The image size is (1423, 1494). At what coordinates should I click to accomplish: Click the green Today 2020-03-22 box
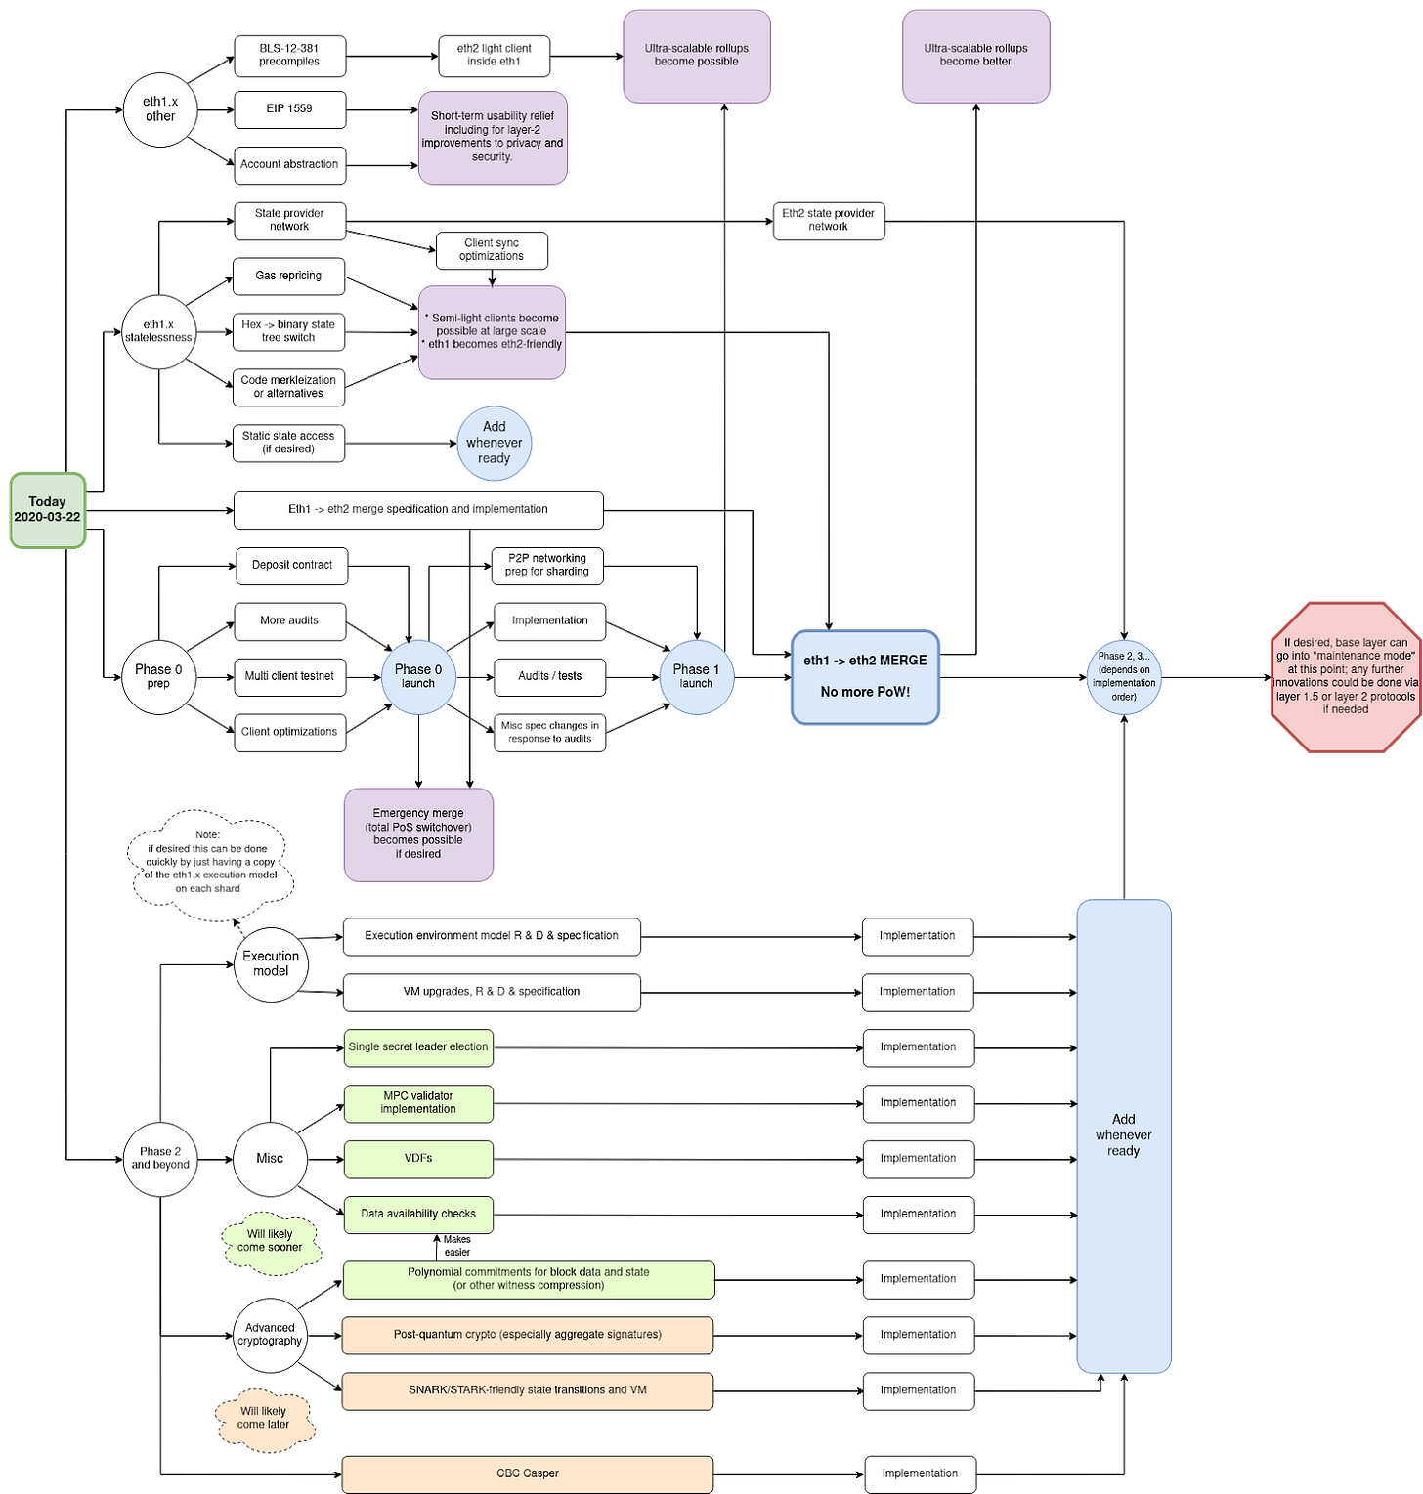(x=48, y=510)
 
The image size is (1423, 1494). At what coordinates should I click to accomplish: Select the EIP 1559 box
(x=289, y=109)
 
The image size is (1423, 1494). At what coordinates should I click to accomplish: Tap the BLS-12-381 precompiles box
(x=289, y=56)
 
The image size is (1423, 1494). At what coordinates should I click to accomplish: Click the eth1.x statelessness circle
(x=158, y=332)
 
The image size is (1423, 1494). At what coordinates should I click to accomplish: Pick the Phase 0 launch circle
(x=418, y=677)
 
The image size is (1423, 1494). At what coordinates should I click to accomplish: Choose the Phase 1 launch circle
(x=696, y=677)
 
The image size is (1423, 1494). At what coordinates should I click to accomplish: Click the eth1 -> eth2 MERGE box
(x=865, y=677)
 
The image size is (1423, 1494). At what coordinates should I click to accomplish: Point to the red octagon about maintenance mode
(x=1346, y=677)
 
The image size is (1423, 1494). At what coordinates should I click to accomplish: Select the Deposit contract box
(x=292, y=566)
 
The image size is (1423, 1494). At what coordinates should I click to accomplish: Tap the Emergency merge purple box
(x=418, y=834)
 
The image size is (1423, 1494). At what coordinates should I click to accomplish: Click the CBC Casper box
(x=528, y=1473)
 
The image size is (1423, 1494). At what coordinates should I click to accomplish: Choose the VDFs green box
(x=418, y=1159)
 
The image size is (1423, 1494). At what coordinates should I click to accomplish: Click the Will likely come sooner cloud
(x=270, y=1241)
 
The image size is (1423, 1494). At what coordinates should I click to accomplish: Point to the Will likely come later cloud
(x=264, y=1419)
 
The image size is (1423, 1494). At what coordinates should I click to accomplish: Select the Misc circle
(x=270, y=1159)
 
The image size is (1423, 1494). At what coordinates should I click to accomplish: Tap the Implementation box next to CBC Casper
(x=920, y=1473)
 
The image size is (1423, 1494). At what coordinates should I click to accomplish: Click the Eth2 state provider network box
(x=829, y=221)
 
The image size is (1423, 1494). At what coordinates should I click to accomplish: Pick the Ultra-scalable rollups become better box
(x=975, y=56)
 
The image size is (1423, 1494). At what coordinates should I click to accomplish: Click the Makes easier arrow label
(x=456, y=1246)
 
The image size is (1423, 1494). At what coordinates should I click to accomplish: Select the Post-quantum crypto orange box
(x=528, y=1335)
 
